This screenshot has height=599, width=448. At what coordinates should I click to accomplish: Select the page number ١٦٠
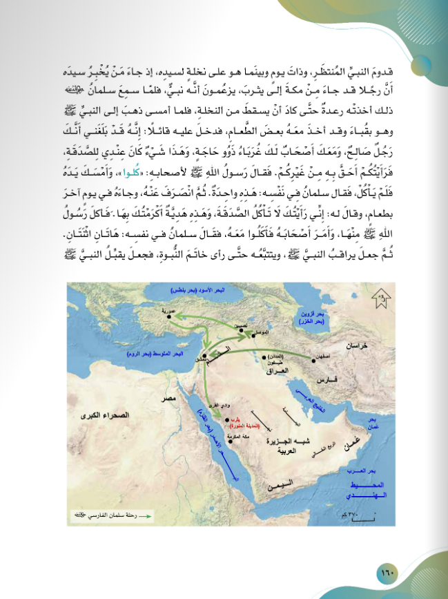[386, 573]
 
